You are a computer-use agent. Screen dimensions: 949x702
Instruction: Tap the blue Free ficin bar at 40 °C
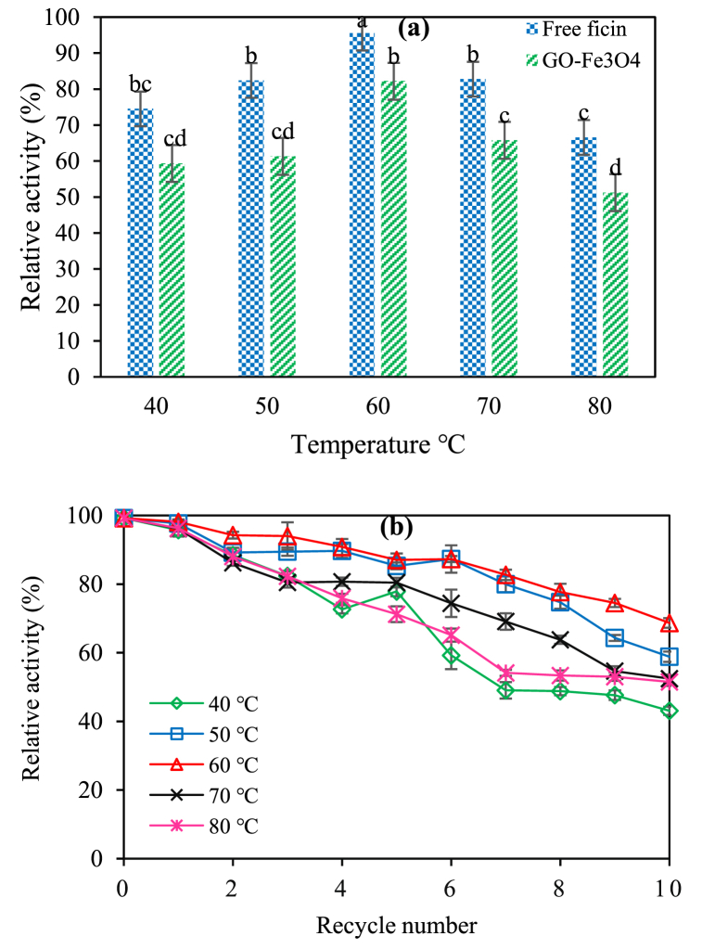coord(140,242)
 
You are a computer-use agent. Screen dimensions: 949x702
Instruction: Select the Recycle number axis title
coord(397,924)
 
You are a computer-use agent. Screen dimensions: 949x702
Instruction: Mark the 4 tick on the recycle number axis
coord(342,887)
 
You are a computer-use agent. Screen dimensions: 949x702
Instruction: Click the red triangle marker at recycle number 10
coord(669,623)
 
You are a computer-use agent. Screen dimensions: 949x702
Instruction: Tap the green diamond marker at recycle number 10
coord(669,711)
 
